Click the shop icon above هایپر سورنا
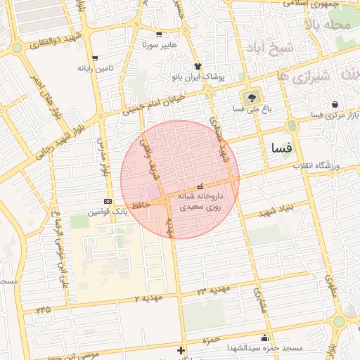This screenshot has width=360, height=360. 160,34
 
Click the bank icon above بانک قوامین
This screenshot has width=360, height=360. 107,201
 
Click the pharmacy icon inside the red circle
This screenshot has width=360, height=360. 201,186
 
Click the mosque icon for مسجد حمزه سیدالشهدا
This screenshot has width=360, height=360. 264,337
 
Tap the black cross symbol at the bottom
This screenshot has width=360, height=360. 181,350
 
